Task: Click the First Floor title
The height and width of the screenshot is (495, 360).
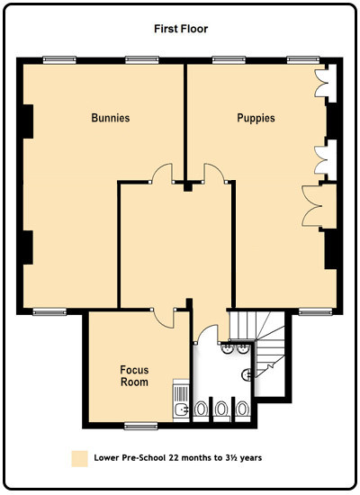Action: [181, 29]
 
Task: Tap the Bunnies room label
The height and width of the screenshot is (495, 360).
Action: [111, 118]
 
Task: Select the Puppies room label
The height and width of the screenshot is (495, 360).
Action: [256, 118]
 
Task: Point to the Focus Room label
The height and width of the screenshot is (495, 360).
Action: [134, 375]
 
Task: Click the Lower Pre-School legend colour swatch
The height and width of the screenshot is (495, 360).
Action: [79, 459]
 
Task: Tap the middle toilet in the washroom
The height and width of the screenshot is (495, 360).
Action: [221, 409]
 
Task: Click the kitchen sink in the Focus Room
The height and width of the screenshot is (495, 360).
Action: [181, 409]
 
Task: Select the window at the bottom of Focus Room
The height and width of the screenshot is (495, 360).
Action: [140, 427]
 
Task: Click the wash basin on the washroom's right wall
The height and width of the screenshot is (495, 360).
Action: [247, 374]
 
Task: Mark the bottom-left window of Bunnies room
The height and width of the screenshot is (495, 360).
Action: [49, 312]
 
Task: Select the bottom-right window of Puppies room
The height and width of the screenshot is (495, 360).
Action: [316, 312]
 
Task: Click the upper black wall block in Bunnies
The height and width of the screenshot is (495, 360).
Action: [28, 121]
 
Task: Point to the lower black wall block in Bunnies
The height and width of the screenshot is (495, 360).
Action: [28, 247]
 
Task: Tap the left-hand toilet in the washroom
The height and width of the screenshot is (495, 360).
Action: [201, 409]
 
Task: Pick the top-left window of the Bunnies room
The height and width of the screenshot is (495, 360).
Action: [59, 60]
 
